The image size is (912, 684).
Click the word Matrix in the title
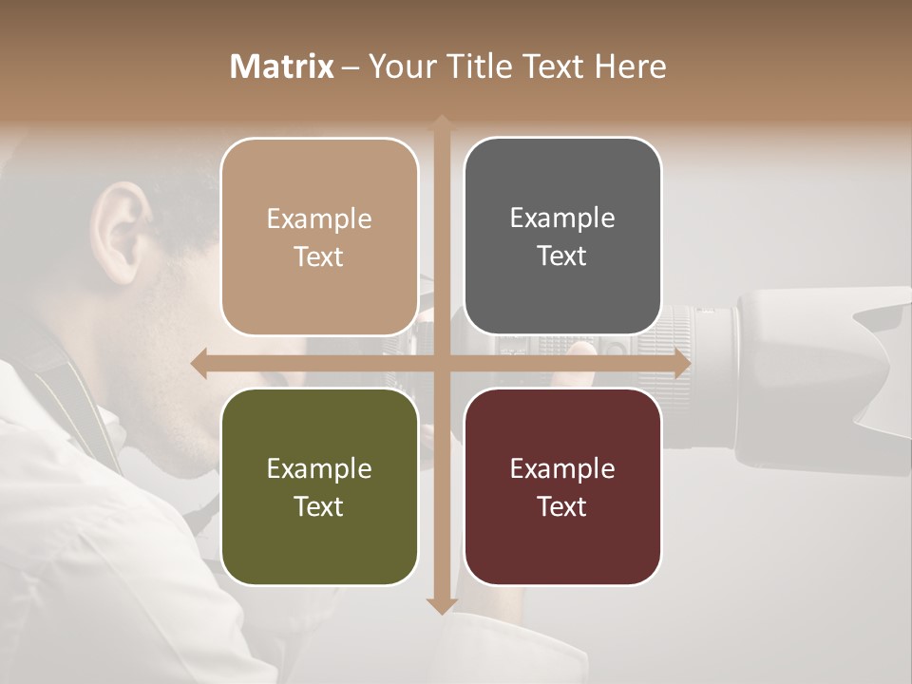pyautogui.click(x=282, y=66)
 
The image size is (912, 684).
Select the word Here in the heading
pyautogui.click(x=630, y=66)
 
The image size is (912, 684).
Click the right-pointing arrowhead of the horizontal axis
pyautogui.click(x=681, y=364)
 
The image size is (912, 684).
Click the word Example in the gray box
pyautogui.click(x=562, y=218)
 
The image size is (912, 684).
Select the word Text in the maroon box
pyautogui.click(x=562, y=507)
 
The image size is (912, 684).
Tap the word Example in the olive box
pyautogui.click(x=319, y=469)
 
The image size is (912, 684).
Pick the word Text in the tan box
pyautogui.click(x=319, y=257)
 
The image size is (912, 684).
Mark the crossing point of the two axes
pyautogui.click(x=441, y=364)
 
